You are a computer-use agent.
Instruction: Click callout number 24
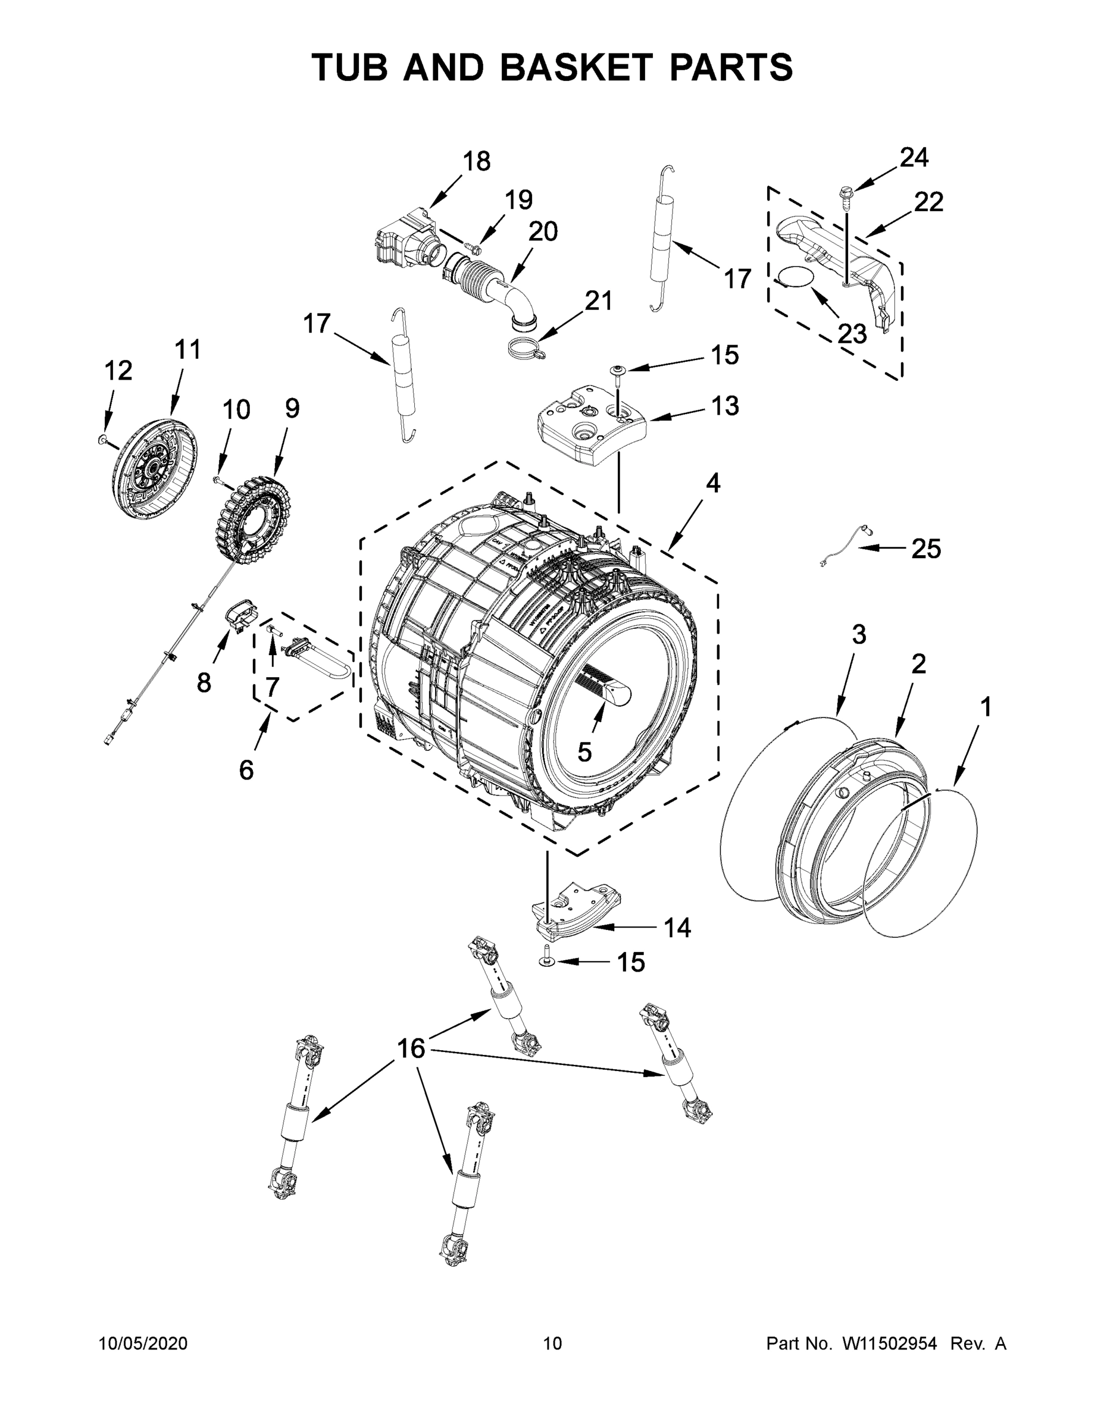point(914,158)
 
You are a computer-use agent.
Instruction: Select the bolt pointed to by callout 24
point(846,195)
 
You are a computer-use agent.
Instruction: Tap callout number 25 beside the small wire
point(926,548)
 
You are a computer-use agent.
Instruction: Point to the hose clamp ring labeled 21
point(526,349)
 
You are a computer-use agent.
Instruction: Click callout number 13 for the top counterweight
point(725,405)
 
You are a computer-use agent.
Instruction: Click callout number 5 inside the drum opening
point(584,752)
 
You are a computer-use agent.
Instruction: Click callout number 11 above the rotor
point(187,350)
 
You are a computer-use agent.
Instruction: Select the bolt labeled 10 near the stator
point(218,481)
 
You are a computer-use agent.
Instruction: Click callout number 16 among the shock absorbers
point(411,1048)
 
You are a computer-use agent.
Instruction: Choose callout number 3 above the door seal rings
point(858,634)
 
